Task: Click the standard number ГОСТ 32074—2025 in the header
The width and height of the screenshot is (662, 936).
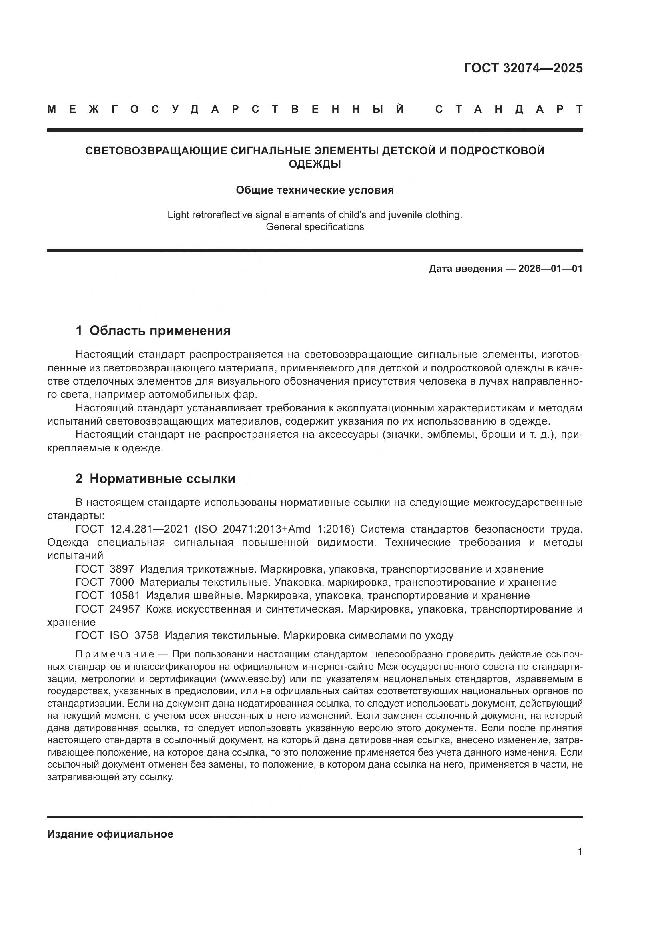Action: [523, 68]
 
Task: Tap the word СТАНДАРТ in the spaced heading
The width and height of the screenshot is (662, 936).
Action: [509, 109]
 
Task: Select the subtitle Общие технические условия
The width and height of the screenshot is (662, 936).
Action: [315, 190]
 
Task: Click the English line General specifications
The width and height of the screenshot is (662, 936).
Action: [315, 227]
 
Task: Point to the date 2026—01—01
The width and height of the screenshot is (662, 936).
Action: [550, 269]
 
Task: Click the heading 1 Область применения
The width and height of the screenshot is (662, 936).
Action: [153, 331]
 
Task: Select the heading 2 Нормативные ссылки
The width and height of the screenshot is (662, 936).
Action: [155, 479]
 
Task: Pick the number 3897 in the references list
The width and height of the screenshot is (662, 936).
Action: [122, 569]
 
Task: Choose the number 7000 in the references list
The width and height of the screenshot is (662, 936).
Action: [122, 583]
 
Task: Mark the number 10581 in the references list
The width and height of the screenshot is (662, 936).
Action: [125, 595]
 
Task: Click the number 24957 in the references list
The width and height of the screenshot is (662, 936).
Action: [125, 609]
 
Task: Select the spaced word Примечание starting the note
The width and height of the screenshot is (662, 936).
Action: [115, 655]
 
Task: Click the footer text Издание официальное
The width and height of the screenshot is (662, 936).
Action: [110, 834]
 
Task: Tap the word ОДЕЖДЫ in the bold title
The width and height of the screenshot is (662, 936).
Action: [315, 164]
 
